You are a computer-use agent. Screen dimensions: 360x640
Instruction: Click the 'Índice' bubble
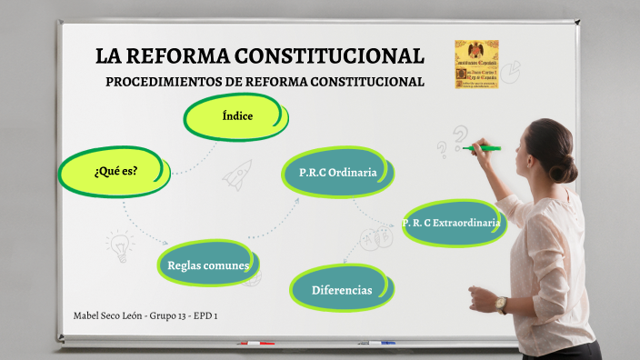(236, 116)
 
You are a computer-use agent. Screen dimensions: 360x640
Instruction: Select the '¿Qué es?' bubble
(115, 170)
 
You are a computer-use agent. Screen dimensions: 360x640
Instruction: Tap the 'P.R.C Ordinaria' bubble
(338, 172)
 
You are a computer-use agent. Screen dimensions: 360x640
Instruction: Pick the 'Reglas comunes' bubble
(208, 265)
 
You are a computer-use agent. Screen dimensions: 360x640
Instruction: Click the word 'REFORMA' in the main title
(175, 56)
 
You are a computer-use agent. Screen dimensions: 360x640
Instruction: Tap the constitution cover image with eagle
(476, 64)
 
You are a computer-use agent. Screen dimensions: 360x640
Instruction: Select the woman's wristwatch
(502, 305)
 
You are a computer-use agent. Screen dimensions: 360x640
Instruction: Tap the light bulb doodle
(118, 245)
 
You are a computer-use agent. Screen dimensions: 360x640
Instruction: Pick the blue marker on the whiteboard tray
(382, 343)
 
